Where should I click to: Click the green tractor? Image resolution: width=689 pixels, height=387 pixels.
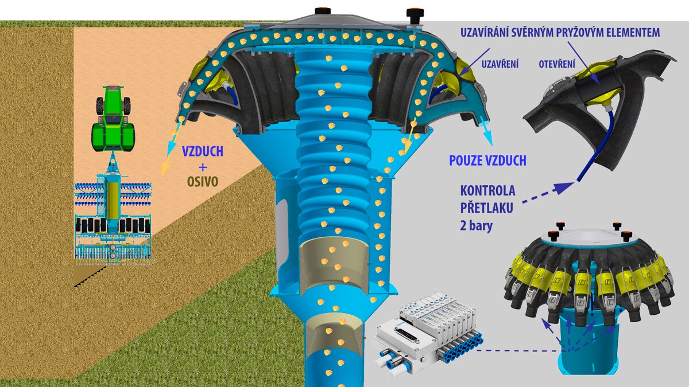coord(113,119)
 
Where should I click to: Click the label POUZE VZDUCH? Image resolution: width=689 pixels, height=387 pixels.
coord(488,161)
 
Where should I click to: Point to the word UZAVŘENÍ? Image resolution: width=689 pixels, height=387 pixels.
coord(500,64)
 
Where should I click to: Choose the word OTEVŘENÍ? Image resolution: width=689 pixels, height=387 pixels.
coord(557,64)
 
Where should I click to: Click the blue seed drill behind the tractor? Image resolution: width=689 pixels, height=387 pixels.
coord(113,218)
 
